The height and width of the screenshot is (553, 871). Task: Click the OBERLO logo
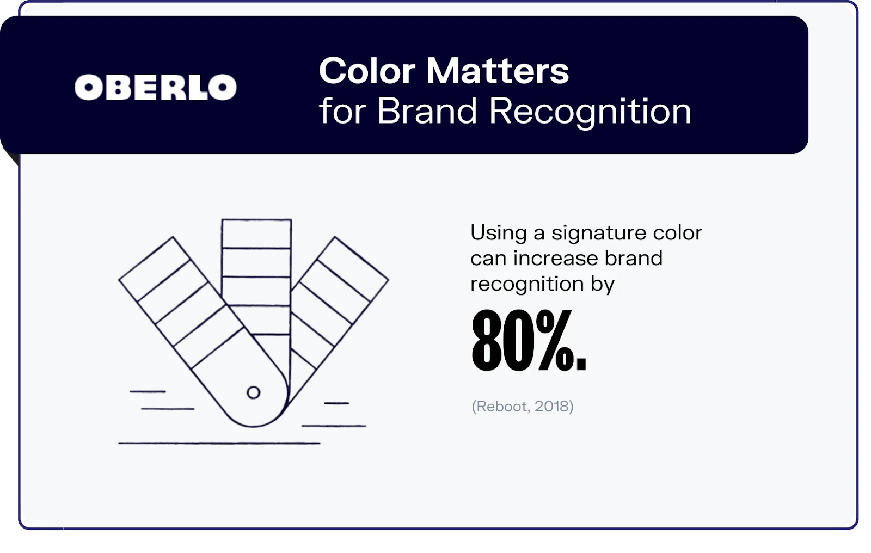coord(156,88)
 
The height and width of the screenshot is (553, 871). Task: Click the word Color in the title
coord(367,71)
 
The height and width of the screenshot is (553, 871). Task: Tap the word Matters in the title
coord(497,71)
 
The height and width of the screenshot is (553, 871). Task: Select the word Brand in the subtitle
coord(427,112)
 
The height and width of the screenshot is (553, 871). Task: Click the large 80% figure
coord(528,341)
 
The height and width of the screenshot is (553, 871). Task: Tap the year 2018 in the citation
coord(552,407)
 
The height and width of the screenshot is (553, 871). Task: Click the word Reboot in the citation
coord(501,407)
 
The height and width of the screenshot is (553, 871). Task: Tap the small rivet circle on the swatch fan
coord(253,392)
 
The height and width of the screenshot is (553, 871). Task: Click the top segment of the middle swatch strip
coord(256,234)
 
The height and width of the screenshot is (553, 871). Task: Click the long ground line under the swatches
coord(219,444)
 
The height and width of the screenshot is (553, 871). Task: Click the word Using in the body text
coord(498,234)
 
